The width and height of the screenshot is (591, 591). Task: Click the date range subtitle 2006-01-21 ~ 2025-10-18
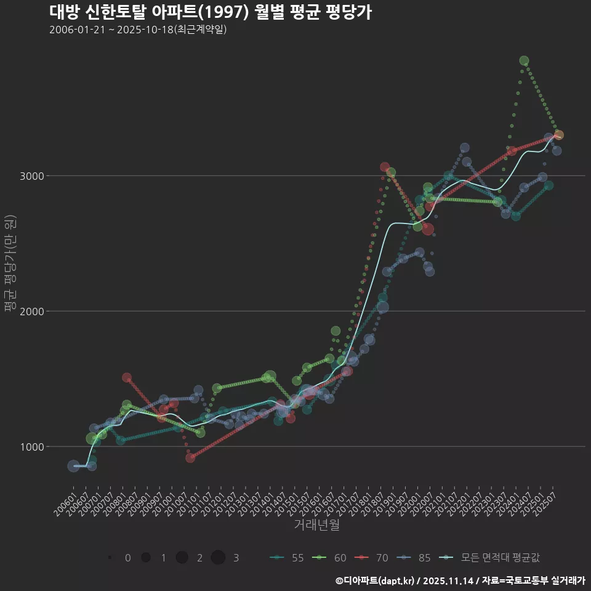(x=138, y=30)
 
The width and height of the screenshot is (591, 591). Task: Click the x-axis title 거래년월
(x=316, y=525)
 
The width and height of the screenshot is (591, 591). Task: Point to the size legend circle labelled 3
(x=218, y=558)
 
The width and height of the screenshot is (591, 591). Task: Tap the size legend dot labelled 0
(x=110, y=558)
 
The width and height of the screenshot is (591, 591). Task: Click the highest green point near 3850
(x=524, y=61)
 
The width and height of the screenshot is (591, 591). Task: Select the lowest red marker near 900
(x=190, y=457)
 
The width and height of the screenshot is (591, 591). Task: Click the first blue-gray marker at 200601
(x=73, y=466)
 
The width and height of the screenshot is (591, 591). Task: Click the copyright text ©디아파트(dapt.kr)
(x=376, y=580)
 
